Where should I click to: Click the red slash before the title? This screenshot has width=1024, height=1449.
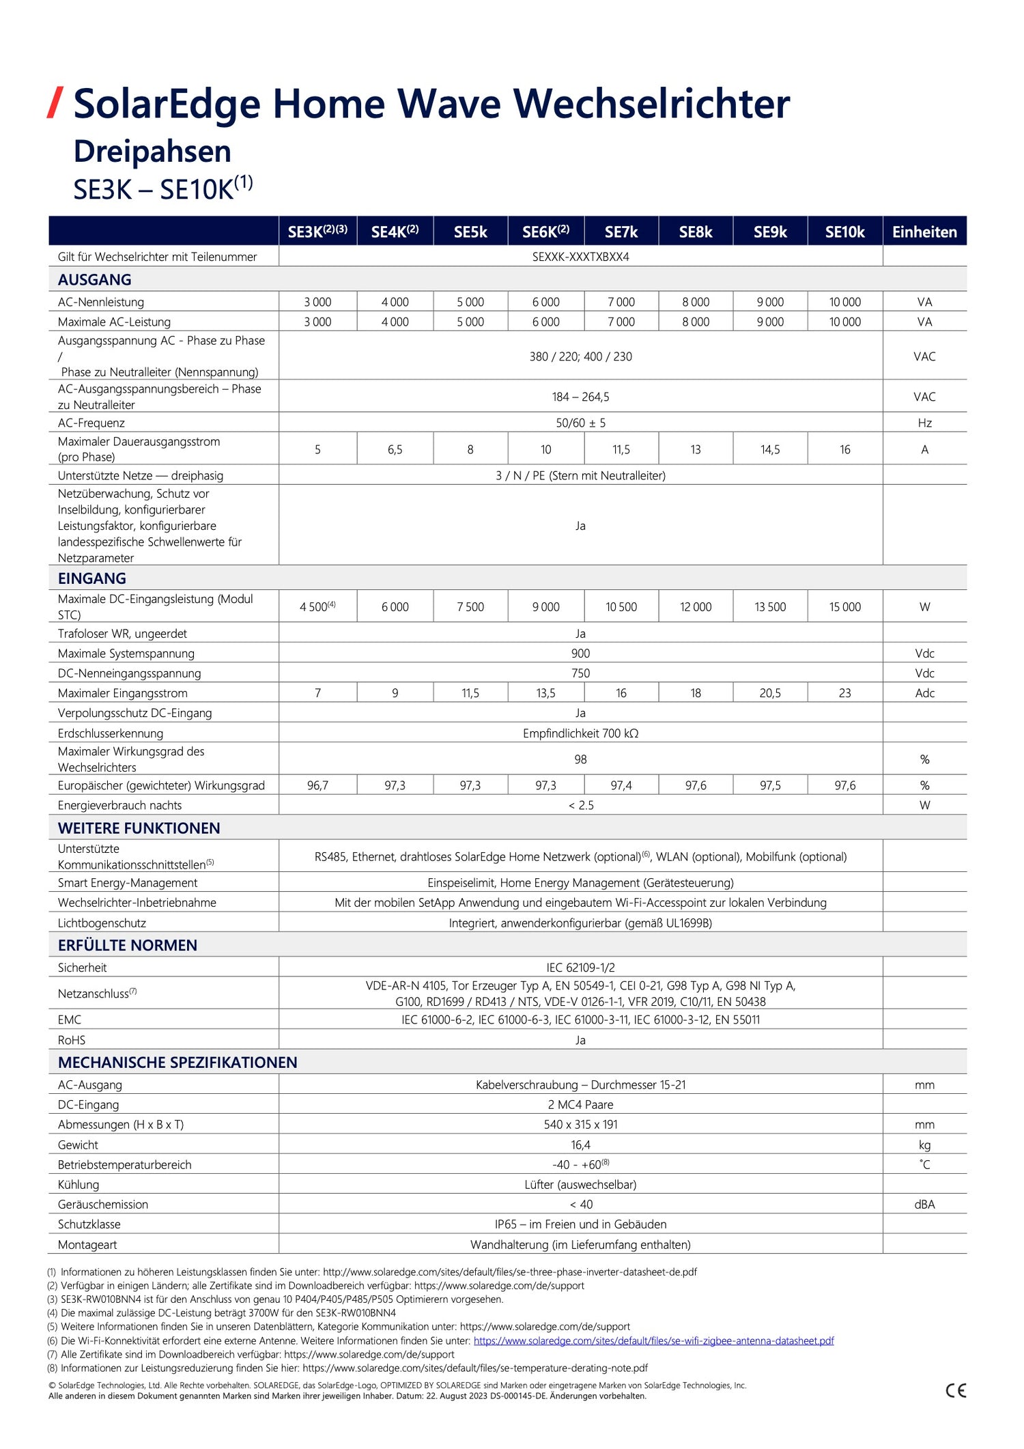(x=55, y=103)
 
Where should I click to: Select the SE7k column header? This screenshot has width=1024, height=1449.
(x=621, y=232)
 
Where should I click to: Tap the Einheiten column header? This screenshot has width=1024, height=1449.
(x=924, y=232)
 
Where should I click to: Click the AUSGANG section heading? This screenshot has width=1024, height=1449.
(x=94, y=279)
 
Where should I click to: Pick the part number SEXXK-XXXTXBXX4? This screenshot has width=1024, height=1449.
(x=580, y=257)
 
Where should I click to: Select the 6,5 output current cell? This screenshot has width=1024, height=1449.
(x=395, y=449)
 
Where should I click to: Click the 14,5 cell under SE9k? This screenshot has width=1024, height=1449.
(x=770, y=449)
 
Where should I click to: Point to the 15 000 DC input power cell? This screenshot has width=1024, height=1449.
(x=844, y=606)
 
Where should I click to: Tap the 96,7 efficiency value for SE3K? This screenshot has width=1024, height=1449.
(x=317, y=785)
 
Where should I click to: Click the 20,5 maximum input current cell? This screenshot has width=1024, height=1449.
(x=770, y=693)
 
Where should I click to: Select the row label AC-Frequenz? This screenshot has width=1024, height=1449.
(x=91, y=423)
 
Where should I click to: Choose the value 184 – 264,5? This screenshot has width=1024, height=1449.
(x=580, y=397)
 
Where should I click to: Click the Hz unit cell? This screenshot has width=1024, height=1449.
(x=924, y=423)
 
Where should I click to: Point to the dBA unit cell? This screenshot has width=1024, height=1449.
(x=924, y=1205)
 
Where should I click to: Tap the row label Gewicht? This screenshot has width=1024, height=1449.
(x=78, y=1144)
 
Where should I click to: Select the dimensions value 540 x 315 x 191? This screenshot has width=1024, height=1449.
(x=580, y=1124)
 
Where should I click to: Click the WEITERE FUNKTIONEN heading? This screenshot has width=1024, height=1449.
(x=139, y=828)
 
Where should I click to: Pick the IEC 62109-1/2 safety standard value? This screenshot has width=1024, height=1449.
(x=580, y=967)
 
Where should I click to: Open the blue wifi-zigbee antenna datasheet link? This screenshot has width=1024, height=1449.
(x=653, y=1340)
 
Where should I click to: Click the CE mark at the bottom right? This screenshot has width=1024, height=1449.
(x=956, y=1390)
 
